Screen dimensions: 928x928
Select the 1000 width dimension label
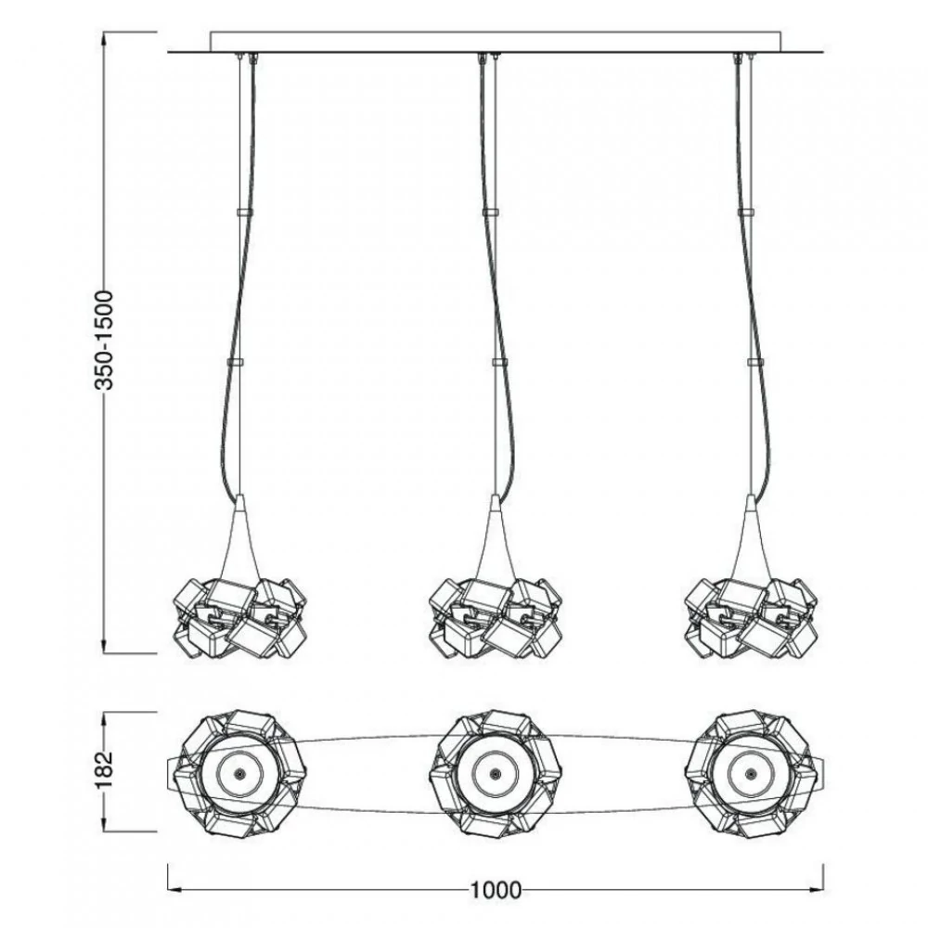(496, 892)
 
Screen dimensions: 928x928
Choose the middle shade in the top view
(495, 772)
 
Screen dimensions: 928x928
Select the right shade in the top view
(750, 772)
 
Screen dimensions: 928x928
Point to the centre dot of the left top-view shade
(238, 773)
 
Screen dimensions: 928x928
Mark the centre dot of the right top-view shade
(747, 773)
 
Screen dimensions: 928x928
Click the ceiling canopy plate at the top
(496, 43)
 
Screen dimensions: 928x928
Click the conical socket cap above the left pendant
(240, 529)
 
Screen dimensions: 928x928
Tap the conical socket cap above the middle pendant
(496, 529)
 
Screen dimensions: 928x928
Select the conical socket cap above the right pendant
(750, 529)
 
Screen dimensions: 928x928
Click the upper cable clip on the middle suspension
(491, 213)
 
